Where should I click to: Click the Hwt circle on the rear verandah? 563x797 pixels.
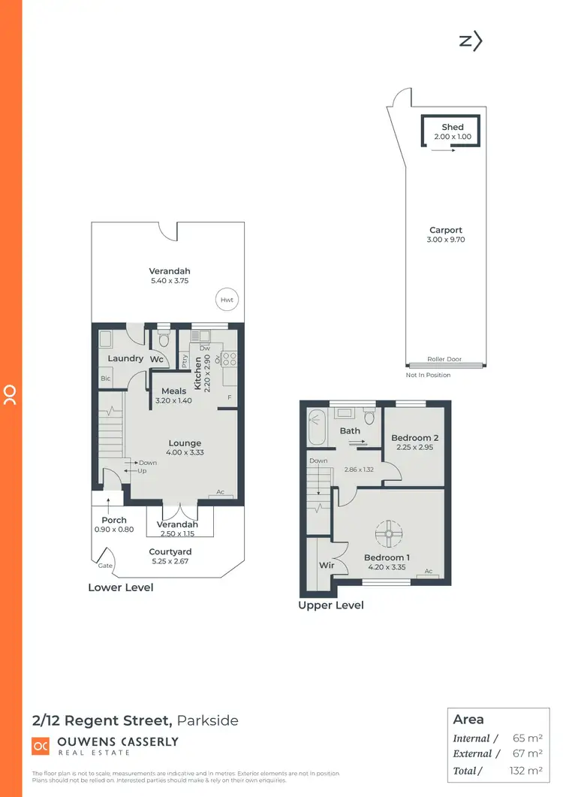click(227, 300)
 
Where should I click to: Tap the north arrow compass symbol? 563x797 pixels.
click(470, 41)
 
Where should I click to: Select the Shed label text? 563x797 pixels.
click(453, 127)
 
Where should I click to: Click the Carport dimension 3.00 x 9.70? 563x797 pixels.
click(446, 240)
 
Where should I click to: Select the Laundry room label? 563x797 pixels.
click(125, 358)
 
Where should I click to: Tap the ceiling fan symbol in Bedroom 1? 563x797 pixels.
click(390, 533)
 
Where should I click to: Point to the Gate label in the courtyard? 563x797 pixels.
click(104, 565)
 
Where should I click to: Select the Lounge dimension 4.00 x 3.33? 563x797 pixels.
click(185, 452)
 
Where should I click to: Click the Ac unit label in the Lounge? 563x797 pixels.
click(221, 493)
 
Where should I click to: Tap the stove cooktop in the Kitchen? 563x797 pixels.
click(229, 359)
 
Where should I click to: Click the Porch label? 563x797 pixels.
click(114, 520)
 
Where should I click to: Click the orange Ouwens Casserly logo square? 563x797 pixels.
click(41, 746)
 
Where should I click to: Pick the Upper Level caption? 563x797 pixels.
click(331, 605)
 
